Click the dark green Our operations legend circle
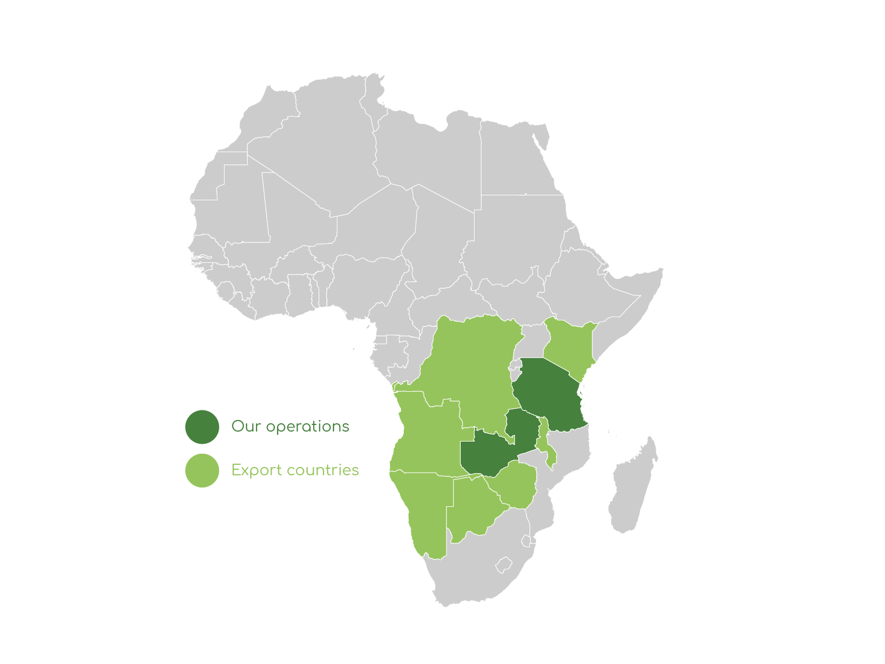tap(202, 427)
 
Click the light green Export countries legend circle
tap(202, 470)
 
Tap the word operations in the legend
tap(308, 427)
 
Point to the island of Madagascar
tap(633, 487)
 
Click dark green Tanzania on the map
tap(550, 396)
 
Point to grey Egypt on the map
tap(514, 160)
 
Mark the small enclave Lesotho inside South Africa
tap(504, 565)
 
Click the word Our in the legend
tap(246, 427)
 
